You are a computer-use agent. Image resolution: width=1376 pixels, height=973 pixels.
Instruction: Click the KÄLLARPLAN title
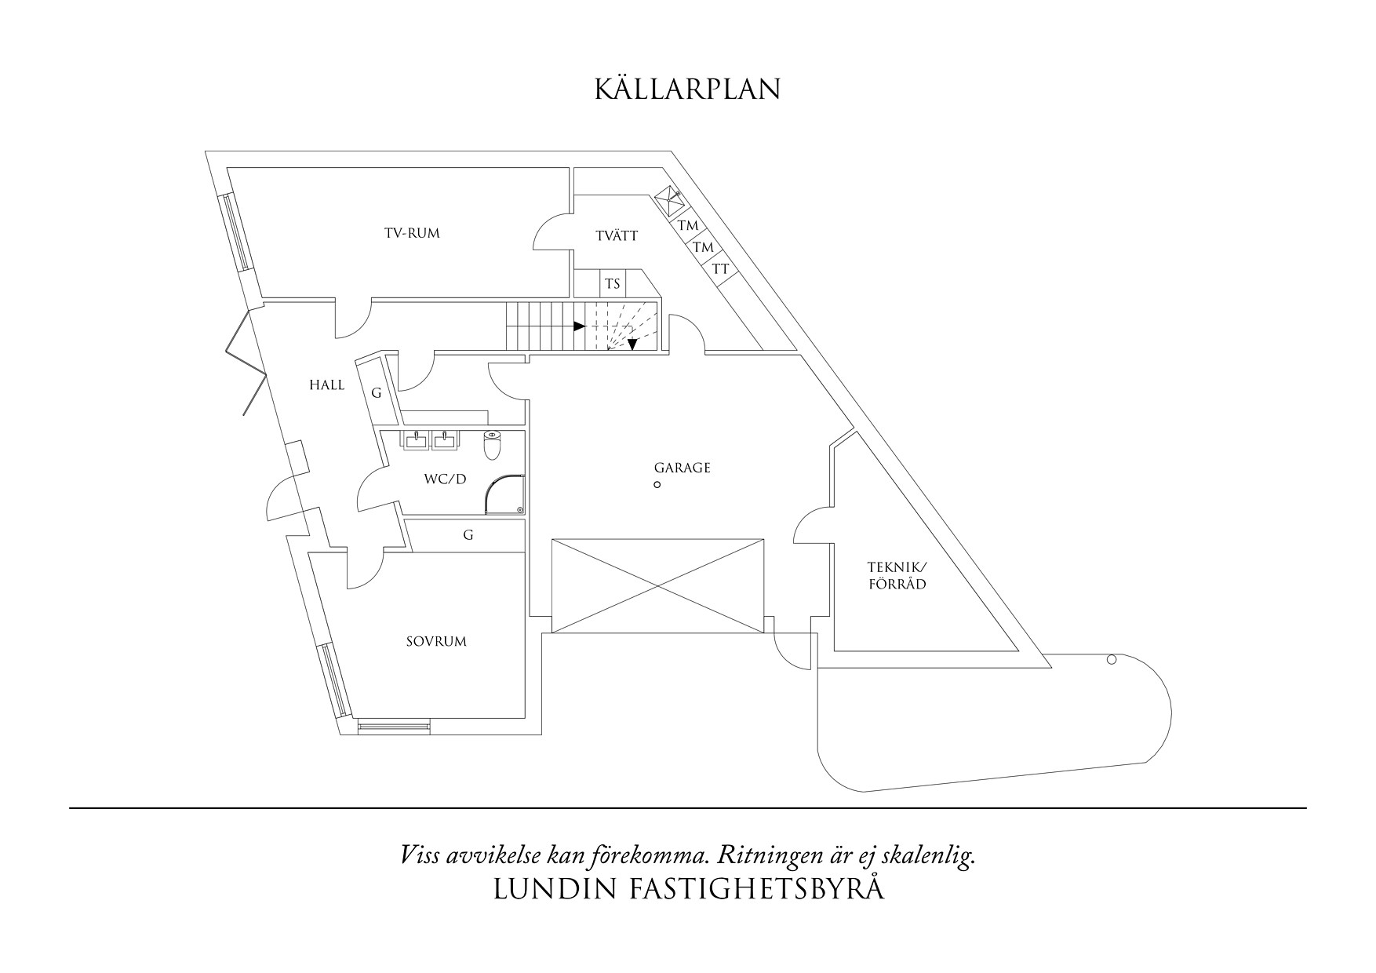tap(687, 89)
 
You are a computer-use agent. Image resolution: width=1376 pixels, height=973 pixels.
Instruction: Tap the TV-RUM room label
tap(412, 233)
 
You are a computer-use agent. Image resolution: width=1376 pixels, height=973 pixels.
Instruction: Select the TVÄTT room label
tap(617, 235)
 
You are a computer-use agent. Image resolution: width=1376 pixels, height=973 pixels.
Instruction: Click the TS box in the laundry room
tap(613, 283)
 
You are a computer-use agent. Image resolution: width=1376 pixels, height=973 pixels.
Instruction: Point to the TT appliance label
tap(720, 269)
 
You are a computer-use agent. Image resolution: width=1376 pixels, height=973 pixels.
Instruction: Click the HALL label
tap(326, 385)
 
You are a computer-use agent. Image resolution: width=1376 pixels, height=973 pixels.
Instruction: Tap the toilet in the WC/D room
tap(492, 445)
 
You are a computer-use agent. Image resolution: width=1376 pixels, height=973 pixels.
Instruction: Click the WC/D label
tap(445, 478)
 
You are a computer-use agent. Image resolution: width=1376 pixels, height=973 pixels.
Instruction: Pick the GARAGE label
tap(682, 468)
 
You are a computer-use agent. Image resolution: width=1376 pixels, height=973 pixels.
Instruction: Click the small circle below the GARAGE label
tap(657, 485)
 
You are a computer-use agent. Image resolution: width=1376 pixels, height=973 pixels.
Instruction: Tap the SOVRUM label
tap(436, 641)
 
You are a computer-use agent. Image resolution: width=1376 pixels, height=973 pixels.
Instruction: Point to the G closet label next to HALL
tap(377, 393)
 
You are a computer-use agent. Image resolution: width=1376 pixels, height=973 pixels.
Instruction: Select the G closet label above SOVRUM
tap(468, 535)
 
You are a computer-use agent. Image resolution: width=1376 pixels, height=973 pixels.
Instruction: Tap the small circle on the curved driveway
tap(1111, 660)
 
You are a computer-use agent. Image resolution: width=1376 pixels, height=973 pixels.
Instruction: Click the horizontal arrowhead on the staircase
tap(580, 326)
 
